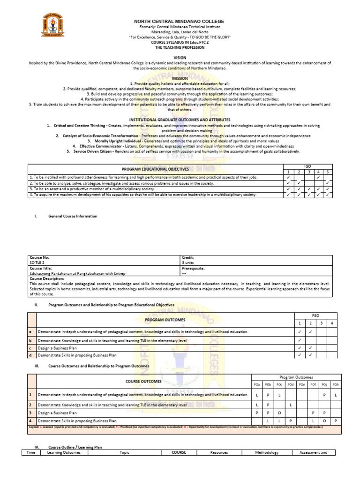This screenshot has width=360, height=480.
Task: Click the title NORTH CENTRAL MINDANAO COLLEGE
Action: (x=180, y=22)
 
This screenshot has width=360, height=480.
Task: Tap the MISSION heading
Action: (x=180, y=78)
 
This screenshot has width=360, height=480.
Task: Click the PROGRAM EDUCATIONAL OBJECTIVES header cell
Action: (x=155, y=169)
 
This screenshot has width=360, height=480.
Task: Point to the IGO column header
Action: (x=307, y=166)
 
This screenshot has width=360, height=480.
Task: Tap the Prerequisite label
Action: (x=194, y=269)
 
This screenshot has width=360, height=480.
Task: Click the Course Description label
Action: (x=47, y=278)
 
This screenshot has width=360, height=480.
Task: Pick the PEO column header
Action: (x=315, y=316)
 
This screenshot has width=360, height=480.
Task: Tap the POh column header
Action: (x=335, y=384)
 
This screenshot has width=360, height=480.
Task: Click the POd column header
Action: (x=291, y=384)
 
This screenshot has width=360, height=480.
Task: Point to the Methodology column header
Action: (x=267, y=452)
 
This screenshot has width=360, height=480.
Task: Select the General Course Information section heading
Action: (x=73, y=216)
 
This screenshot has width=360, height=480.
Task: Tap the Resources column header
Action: (x=219, y=452)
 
